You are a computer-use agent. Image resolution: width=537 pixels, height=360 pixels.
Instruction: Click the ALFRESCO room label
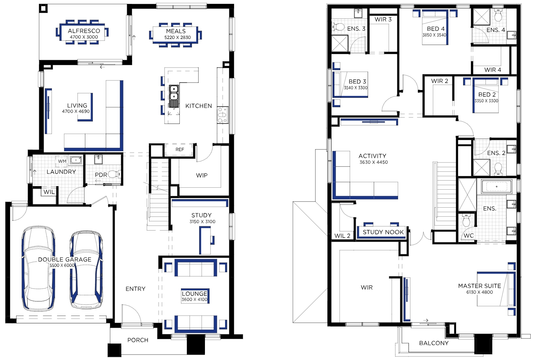(x=84, y=31)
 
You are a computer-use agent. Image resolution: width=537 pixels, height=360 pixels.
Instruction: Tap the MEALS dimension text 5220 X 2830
(x=177, y=37)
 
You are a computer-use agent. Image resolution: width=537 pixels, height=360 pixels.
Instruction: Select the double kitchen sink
(x=173, y=96)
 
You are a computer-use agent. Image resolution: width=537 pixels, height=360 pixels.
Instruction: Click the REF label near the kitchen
(x=179, y=150)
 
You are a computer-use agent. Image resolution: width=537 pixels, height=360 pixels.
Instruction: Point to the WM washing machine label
(x=62, y=161)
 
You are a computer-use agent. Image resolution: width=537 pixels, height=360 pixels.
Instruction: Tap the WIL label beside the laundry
(x=49, y=192)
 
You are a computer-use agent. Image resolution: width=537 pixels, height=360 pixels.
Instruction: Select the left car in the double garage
(x=39, y=268)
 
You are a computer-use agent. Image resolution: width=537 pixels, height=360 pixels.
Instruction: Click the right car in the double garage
(x=86, y=270)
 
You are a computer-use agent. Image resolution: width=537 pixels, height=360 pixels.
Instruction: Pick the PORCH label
(x=138, y=340)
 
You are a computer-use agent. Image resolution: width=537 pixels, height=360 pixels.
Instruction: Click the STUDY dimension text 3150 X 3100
(x=202, y=222)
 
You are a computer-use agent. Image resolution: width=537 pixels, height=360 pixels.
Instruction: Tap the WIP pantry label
(x=201, y=175)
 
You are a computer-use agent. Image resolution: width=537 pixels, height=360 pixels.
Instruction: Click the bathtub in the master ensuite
(x=496, y=186)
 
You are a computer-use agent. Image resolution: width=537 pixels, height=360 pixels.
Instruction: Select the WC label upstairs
(x=469, y=236)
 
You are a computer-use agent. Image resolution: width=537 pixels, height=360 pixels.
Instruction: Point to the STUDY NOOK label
(x=383, y=232)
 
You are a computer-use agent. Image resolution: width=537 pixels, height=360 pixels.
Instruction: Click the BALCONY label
(x=434, y=343)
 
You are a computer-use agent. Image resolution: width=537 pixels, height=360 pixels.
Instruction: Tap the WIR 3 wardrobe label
(x=383, y=19)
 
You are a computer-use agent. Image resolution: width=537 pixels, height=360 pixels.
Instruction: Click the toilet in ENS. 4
(x=498, y=15)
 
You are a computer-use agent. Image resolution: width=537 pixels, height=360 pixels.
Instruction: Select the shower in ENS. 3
(x=340, y=43)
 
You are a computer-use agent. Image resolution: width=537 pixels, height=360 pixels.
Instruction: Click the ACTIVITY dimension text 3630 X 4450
(x=373, y=162)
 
